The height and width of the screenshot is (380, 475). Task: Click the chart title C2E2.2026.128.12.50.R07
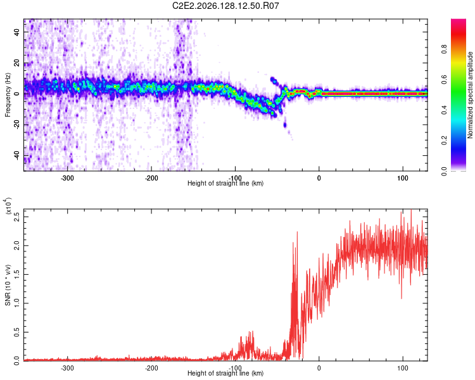225,6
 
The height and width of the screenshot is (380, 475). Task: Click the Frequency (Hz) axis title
8,94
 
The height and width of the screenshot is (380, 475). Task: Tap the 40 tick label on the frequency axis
16,32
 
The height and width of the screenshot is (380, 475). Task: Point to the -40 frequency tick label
16,156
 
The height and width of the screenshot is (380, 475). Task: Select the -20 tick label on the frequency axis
16,125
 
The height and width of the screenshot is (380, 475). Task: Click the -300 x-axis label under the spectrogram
67,178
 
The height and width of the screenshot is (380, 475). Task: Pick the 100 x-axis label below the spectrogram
403,178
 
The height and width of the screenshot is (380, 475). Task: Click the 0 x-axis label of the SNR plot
319,368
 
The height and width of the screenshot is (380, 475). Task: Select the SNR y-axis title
8,285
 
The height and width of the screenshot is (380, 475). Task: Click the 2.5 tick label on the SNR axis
16,217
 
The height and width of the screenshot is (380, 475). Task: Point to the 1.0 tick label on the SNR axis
16,303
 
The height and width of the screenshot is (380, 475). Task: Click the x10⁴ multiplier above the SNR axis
8,206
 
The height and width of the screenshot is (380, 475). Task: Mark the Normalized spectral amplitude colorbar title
470,95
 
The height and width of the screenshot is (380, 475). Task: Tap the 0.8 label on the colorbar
444,49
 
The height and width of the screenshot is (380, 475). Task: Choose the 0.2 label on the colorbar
444,141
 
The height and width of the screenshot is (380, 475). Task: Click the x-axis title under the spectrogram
225,183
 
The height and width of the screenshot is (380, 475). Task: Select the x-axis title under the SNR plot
225,373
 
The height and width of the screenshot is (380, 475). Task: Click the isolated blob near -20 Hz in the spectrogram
285,125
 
